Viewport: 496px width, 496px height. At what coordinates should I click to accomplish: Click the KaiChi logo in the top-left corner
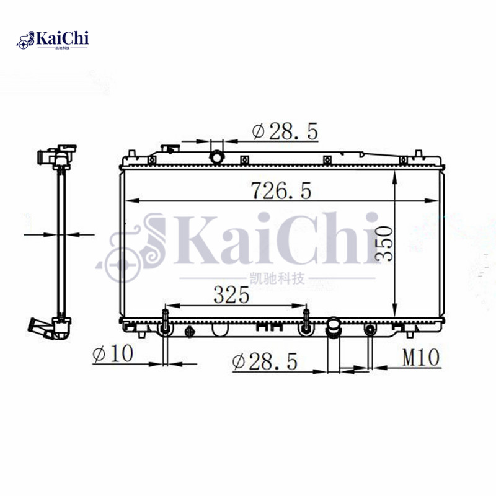point(55,40)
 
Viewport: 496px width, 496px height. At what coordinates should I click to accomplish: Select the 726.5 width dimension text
point(280,190)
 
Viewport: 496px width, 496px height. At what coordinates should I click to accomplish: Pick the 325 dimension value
point(231,295)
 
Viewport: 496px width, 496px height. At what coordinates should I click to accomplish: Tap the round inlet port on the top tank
point(216,157)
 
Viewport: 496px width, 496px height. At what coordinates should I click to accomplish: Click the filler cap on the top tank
point(169,150)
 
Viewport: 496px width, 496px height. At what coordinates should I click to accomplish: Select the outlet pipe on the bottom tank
point(334,327)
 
